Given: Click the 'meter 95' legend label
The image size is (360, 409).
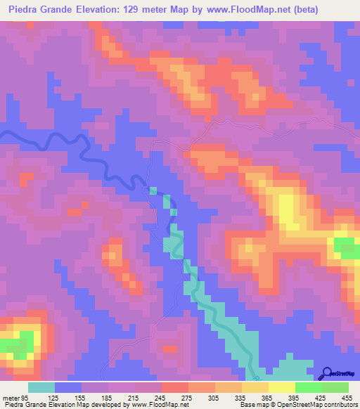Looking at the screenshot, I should tap(16, 397).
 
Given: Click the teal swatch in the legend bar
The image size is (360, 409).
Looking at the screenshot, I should tap(41, 387).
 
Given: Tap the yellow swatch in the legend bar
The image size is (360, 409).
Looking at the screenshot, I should tap(282, 387).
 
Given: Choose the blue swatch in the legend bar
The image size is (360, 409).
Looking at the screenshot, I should tap(68, 387).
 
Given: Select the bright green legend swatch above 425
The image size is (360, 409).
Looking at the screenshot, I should tap(309, 387).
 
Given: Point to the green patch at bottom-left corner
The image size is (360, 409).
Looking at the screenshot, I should tap(13, 346).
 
